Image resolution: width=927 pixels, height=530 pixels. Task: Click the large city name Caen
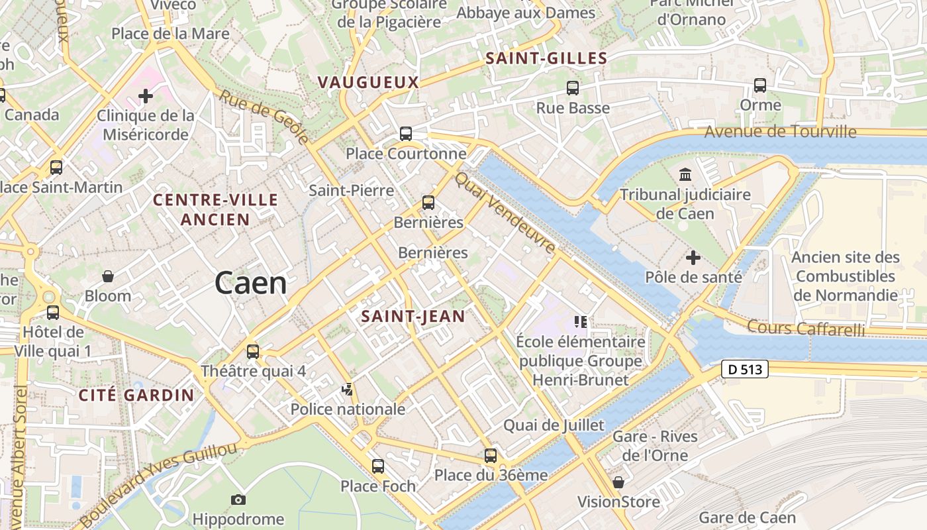[250, 284]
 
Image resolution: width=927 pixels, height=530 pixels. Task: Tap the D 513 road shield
[745, 370]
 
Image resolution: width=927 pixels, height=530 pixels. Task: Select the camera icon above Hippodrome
[238, 500]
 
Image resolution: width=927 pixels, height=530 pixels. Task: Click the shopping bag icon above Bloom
[108, 276]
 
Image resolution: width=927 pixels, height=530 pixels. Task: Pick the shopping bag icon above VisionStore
[618, 482]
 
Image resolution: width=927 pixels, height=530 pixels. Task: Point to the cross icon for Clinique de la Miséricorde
[146, 96]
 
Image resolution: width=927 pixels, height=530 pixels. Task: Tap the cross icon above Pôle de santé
[693, 257]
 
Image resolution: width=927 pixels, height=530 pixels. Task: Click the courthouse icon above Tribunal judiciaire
[685, 175]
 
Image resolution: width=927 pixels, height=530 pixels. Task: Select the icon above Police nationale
[348, 390]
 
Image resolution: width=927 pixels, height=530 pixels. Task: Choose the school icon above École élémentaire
[581, 322]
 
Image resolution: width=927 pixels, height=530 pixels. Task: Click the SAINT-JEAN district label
[413, 317]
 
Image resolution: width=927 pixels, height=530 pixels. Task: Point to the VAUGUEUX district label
[368, 82]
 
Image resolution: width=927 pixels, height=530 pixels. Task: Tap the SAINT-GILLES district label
[546, 58]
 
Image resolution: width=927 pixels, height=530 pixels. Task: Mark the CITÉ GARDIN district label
[136, 396]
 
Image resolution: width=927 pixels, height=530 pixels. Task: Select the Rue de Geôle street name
[264, 117]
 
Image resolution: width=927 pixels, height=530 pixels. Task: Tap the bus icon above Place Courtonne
[406, 134]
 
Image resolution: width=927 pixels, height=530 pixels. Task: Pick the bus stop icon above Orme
[760, 85]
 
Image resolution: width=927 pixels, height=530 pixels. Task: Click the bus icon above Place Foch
[378, 466]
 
